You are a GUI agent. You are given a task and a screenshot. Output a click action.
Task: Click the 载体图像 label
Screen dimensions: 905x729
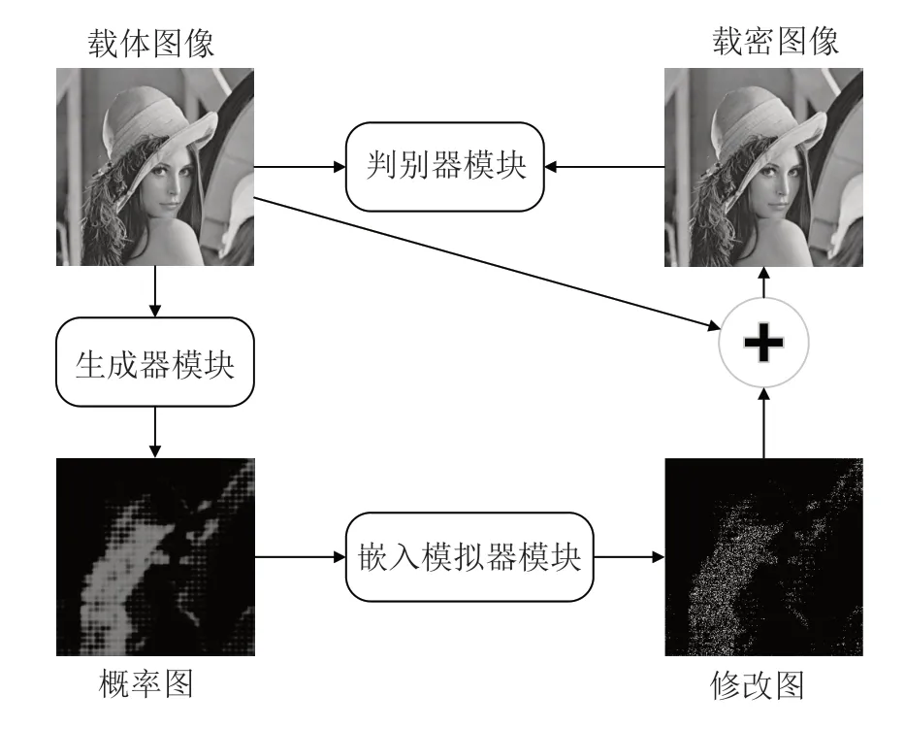tap(151, 44)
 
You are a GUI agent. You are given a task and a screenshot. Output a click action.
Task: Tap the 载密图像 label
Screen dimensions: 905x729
tap(775, 42)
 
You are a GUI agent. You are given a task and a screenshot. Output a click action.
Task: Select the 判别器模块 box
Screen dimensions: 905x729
tap(445, 166)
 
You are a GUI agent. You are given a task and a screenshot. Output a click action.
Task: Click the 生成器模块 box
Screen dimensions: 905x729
tap(154, 362)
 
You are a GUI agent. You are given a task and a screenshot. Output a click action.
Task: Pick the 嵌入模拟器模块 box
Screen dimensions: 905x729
tap(469, 557)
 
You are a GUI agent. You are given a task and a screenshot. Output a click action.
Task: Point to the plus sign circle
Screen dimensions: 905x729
tap(763, 343)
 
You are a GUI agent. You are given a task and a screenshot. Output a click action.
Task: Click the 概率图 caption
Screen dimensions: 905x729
tap(146, 684)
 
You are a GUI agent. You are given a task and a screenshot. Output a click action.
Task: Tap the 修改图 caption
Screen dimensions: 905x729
tap(758, 685)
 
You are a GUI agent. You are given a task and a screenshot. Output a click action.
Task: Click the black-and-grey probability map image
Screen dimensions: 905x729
tap(155, 557)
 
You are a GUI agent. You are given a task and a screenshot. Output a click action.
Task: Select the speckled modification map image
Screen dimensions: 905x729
tap(763, 557)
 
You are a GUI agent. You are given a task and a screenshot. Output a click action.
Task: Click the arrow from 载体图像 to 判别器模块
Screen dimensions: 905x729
tap(300, 167)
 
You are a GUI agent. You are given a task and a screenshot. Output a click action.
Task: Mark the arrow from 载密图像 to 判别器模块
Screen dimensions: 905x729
tap(605, 167)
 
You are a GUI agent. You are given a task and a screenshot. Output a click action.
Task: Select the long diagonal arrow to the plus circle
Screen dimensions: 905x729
tap(487, 263)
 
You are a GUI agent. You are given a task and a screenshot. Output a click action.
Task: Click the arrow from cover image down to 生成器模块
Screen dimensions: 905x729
tap(154, 292)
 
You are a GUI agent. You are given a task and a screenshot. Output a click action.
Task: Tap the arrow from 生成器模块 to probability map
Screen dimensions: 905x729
tap(154, 432)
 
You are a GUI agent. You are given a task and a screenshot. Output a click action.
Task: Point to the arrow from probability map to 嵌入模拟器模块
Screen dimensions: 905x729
tap(300, 557)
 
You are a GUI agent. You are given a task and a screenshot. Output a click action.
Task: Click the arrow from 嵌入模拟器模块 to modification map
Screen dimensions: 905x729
tap(630, 557)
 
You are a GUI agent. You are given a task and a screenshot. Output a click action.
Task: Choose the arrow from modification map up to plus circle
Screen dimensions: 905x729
tap(763, 423)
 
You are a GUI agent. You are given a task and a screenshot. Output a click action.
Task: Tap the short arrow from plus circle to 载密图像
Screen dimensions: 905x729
tap(763, 282)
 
